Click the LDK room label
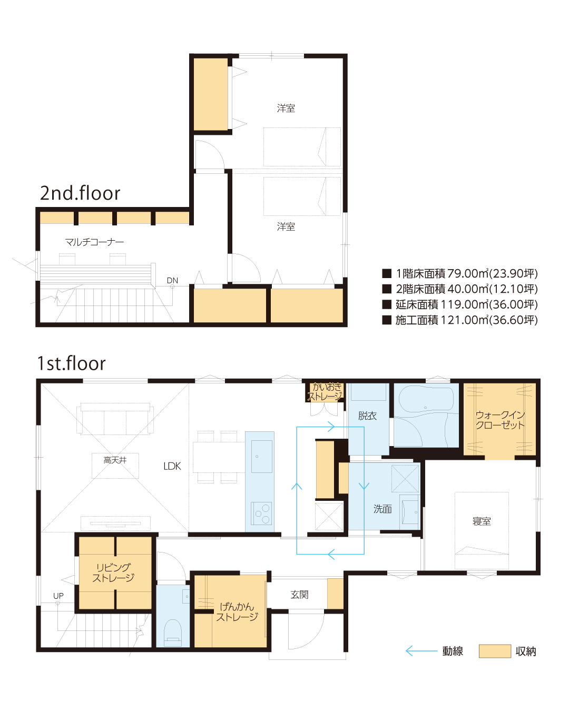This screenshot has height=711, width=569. pos(172,466)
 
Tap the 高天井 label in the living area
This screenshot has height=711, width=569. pos(115,460)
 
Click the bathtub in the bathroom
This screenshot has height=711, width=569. pos(426,399)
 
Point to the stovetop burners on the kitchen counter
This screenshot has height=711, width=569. pos(261,513)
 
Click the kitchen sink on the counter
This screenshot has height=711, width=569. pos(261,456)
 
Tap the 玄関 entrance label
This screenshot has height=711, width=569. pos(299,595)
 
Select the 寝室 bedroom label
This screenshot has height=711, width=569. pos(482,521)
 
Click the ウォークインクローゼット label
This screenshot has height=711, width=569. pos(500,420)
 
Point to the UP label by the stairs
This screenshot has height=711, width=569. pos(58,596)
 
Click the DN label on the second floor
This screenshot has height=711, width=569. pos(172,281)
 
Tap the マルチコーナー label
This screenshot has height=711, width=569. pos(94,242)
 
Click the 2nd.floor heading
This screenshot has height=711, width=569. pos(80,193)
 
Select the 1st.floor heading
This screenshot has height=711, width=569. pos(72,363)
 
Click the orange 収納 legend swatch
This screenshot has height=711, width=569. pos(495,651)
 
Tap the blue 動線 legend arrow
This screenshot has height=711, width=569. pos(421,651)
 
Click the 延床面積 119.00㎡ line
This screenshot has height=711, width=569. pos(460,304)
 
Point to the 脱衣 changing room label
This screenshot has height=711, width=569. pos(367,416)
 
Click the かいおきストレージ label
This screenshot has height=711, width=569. pos(325,392)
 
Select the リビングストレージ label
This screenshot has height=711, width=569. pos(113,572)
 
